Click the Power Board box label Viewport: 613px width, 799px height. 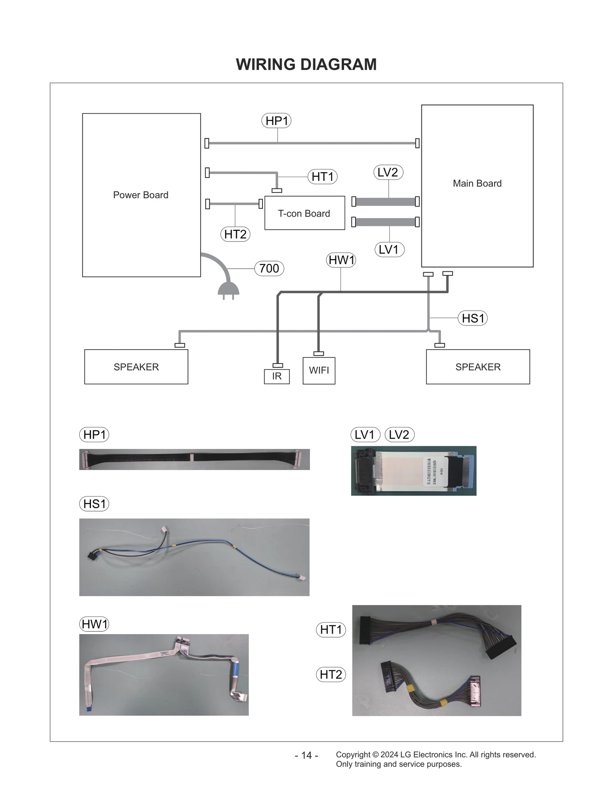[141, 195]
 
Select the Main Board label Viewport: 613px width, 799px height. [477, 184]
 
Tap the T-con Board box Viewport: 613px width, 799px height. [304, 214]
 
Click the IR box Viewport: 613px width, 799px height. [277, 376]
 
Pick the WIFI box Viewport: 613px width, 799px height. [319, 370]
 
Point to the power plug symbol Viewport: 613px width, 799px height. [228, 289]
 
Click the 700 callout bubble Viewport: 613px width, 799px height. [269, 268]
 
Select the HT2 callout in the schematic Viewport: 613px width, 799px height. [235, 234]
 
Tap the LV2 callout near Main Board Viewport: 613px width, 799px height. [388, 173]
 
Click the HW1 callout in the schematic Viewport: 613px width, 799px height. [341, 260]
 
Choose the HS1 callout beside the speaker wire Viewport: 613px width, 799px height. [473, 318]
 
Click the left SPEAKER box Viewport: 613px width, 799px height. [136, 367]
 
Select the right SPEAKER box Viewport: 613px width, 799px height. [478, 367]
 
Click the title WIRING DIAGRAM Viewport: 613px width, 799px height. [306, 64]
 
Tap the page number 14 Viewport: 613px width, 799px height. [306, 755]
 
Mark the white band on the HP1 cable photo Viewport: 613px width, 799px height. [192, 457]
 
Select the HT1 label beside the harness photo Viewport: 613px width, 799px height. [331, 630]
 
